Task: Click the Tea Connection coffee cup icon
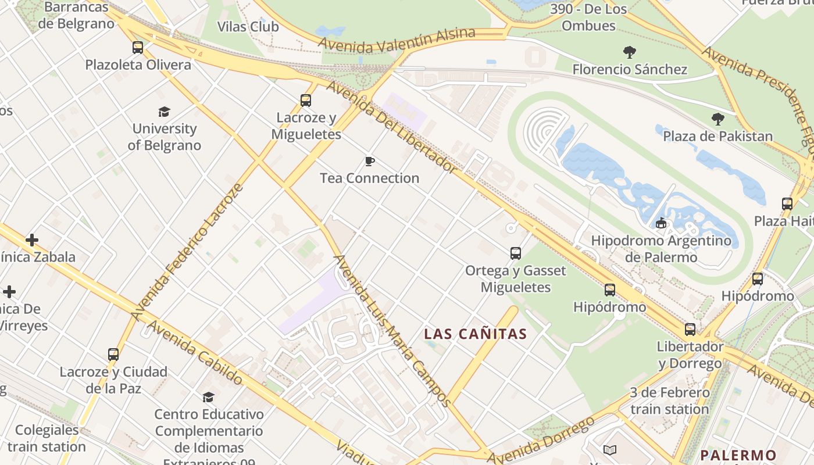(369, 161)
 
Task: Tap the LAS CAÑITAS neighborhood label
(475, 334)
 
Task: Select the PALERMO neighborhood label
(738, 455)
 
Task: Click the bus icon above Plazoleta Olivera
(138, 48)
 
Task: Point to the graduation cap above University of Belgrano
(165, 112)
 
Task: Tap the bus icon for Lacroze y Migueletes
(306, 101)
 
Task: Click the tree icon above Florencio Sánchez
(629, 52)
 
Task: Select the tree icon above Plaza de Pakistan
(718, 119)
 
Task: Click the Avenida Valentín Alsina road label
(397, 40)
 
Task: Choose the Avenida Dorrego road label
(541, 440)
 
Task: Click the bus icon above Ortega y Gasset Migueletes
(516, 253)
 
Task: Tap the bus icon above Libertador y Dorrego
(690, 330)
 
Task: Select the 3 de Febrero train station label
(670, 401)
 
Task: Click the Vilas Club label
(248, 27)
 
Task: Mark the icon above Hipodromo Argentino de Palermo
(661, 223)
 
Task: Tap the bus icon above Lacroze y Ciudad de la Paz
(113, 355)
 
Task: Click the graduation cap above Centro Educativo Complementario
(208, 397)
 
